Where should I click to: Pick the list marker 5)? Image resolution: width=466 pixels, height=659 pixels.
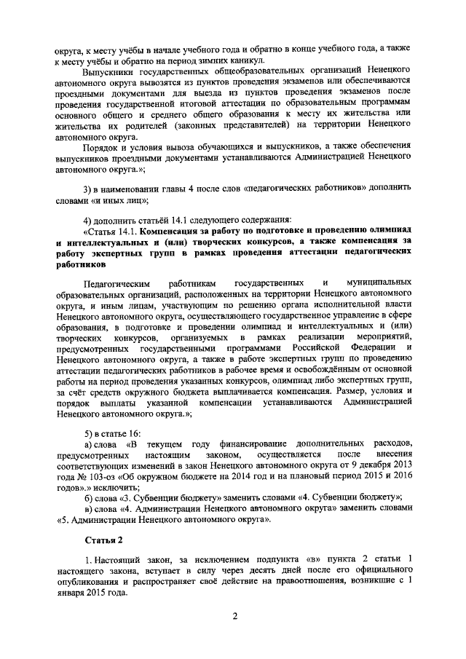click(x=89, y=433)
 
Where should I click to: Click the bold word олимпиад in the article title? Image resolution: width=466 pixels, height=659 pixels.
click(x=379, y=231)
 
